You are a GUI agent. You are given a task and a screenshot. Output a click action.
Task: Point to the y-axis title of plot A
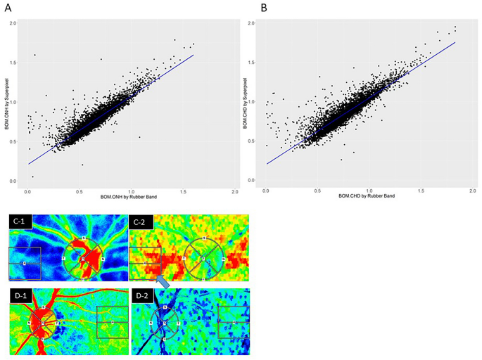8,103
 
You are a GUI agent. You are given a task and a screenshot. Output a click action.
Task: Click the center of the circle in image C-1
83,259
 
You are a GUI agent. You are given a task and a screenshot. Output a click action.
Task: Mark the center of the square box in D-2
234,323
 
